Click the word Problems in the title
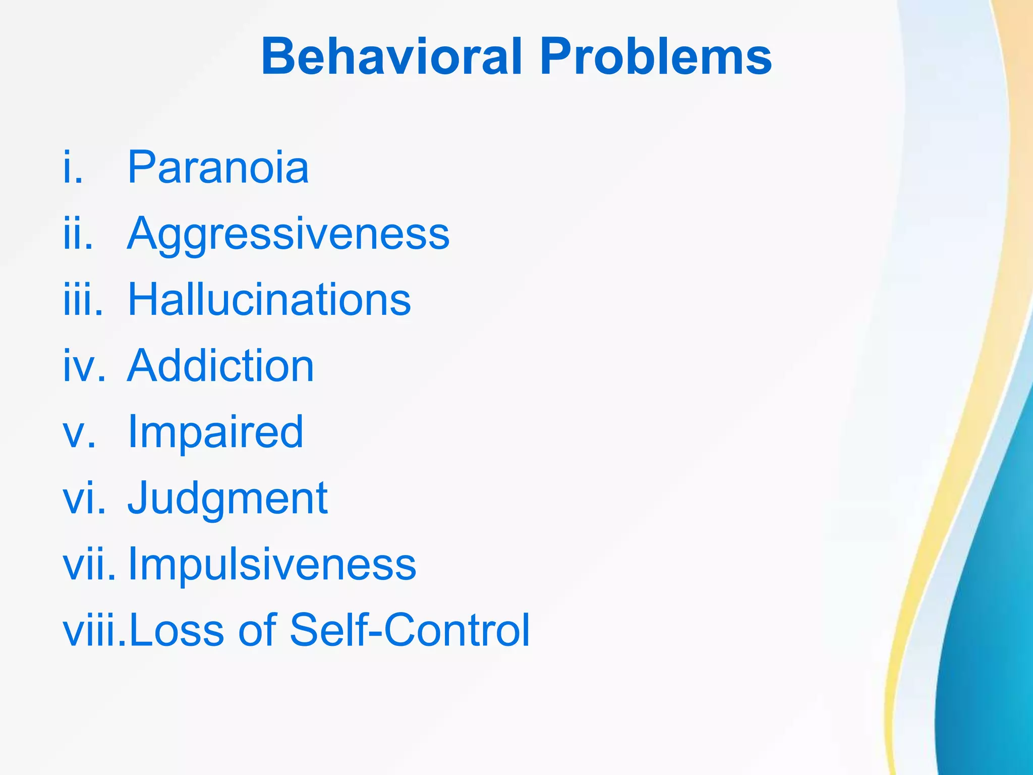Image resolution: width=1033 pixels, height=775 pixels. pos(655,57)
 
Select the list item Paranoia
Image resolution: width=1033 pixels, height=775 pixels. pos(218,168)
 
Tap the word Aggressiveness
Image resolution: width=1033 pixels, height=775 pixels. pos(288,235)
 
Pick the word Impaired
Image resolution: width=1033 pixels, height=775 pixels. pos(215,433)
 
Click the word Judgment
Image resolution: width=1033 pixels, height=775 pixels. pos(227,499)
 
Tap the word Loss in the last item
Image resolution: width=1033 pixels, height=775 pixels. pos(177,630)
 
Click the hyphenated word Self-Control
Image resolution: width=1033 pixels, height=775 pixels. pos(410,630)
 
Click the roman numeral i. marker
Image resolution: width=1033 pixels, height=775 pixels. pos(73,168)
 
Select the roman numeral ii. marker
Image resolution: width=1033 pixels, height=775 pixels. pos(78,234)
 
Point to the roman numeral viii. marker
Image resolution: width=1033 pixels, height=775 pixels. pos(94,630)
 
